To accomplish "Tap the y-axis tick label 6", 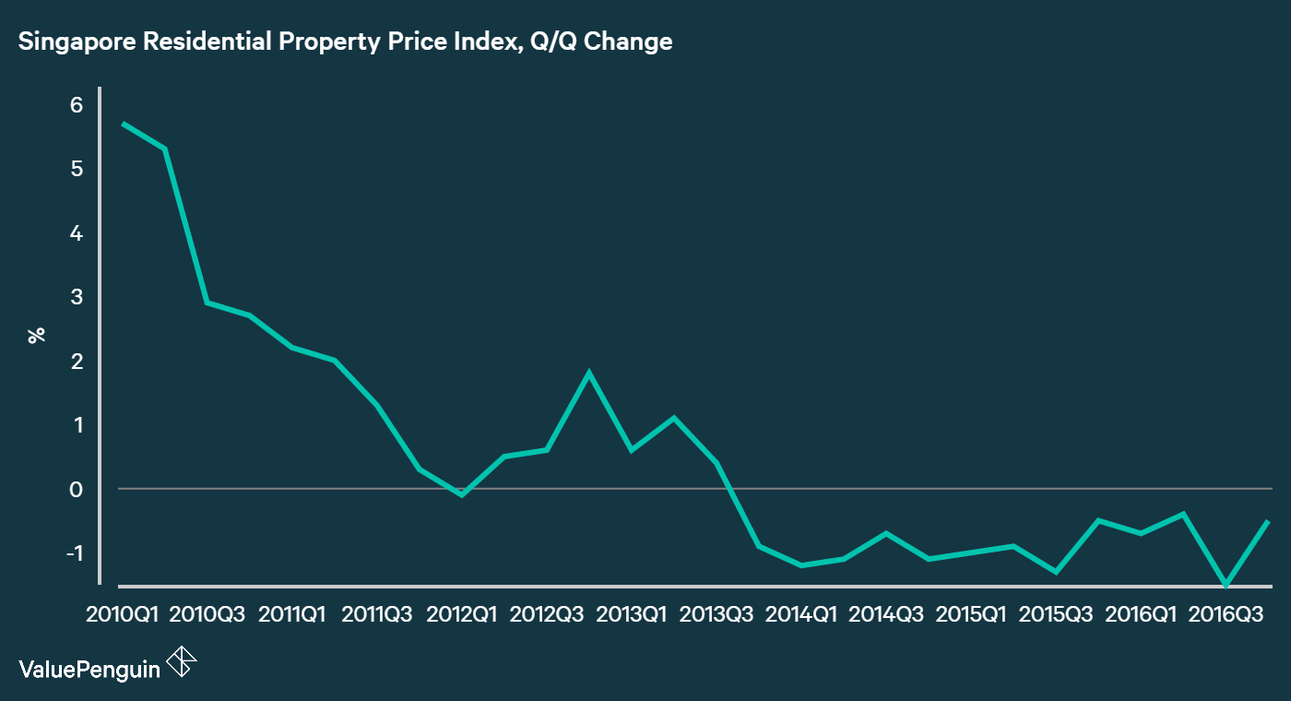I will coord(76,105).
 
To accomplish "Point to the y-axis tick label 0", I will coord(76,489).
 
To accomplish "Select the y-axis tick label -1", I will coord(73,553).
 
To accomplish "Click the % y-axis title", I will coord(37,335).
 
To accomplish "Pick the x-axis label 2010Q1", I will coord(123,614).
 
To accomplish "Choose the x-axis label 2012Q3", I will coord(547,614).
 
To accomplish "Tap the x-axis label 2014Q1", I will coord(800,614).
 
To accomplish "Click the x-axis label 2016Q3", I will coord(1226,614).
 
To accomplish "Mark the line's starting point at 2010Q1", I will coord(123,124).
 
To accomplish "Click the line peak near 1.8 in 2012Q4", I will coord(588,373).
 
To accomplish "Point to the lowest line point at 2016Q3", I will coord(1226,585).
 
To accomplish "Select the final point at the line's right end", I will coord(1269,522).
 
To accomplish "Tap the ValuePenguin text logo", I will coord(89,669).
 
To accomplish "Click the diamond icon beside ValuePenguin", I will coord(182,662).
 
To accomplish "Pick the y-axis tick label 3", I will coord(76,297).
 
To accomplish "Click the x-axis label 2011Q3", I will coord(377,614).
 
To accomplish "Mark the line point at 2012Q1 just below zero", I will coord(462,495).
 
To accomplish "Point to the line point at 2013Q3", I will coord(717,463).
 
